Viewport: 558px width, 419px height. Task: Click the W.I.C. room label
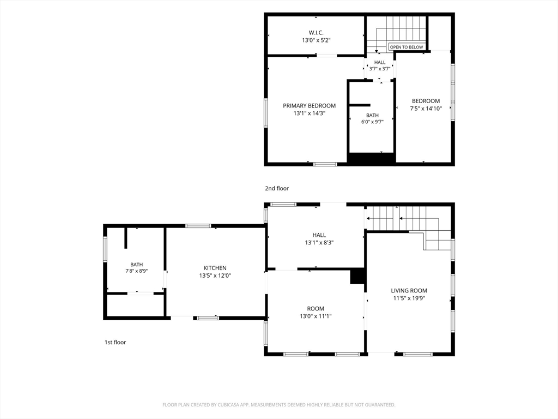click(316, 33)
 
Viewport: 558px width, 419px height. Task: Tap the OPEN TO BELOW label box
click(407, 47)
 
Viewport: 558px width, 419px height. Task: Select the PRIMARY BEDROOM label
click(310, 105)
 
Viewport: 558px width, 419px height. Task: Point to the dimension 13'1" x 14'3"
click(310, 113)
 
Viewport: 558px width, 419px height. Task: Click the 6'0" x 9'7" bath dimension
click(372, 122)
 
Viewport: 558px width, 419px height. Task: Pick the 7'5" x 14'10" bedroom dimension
click(426, 109)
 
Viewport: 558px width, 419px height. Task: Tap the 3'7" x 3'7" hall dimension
click(380, 69)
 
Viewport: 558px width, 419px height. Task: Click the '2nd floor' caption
click(276, 188)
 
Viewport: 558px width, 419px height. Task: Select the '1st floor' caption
click(115, 342)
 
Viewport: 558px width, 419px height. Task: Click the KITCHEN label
click(215, 268)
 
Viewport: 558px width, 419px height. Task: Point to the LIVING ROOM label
click(409, 290)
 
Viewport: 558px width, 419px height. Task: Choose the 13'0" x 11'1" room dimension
click(316, 316)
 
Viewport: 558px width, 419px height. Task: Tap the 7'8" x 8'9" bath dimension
click(136, 271)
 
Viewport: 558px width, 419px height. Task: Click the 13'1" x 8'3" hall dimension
click(319, 243)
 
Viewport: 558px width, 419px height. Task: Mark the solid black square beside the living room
click(357, 276)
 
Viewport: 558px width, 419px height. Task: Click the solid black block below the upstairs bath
click(371, 159)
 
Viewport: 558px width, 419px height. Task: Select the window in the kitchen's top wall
click(198, 226)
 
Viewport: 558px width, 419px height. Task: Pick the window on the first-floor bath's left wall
click(105, 249)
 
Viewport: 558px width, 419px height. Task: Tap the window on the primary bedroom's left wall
click(266, 112)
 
